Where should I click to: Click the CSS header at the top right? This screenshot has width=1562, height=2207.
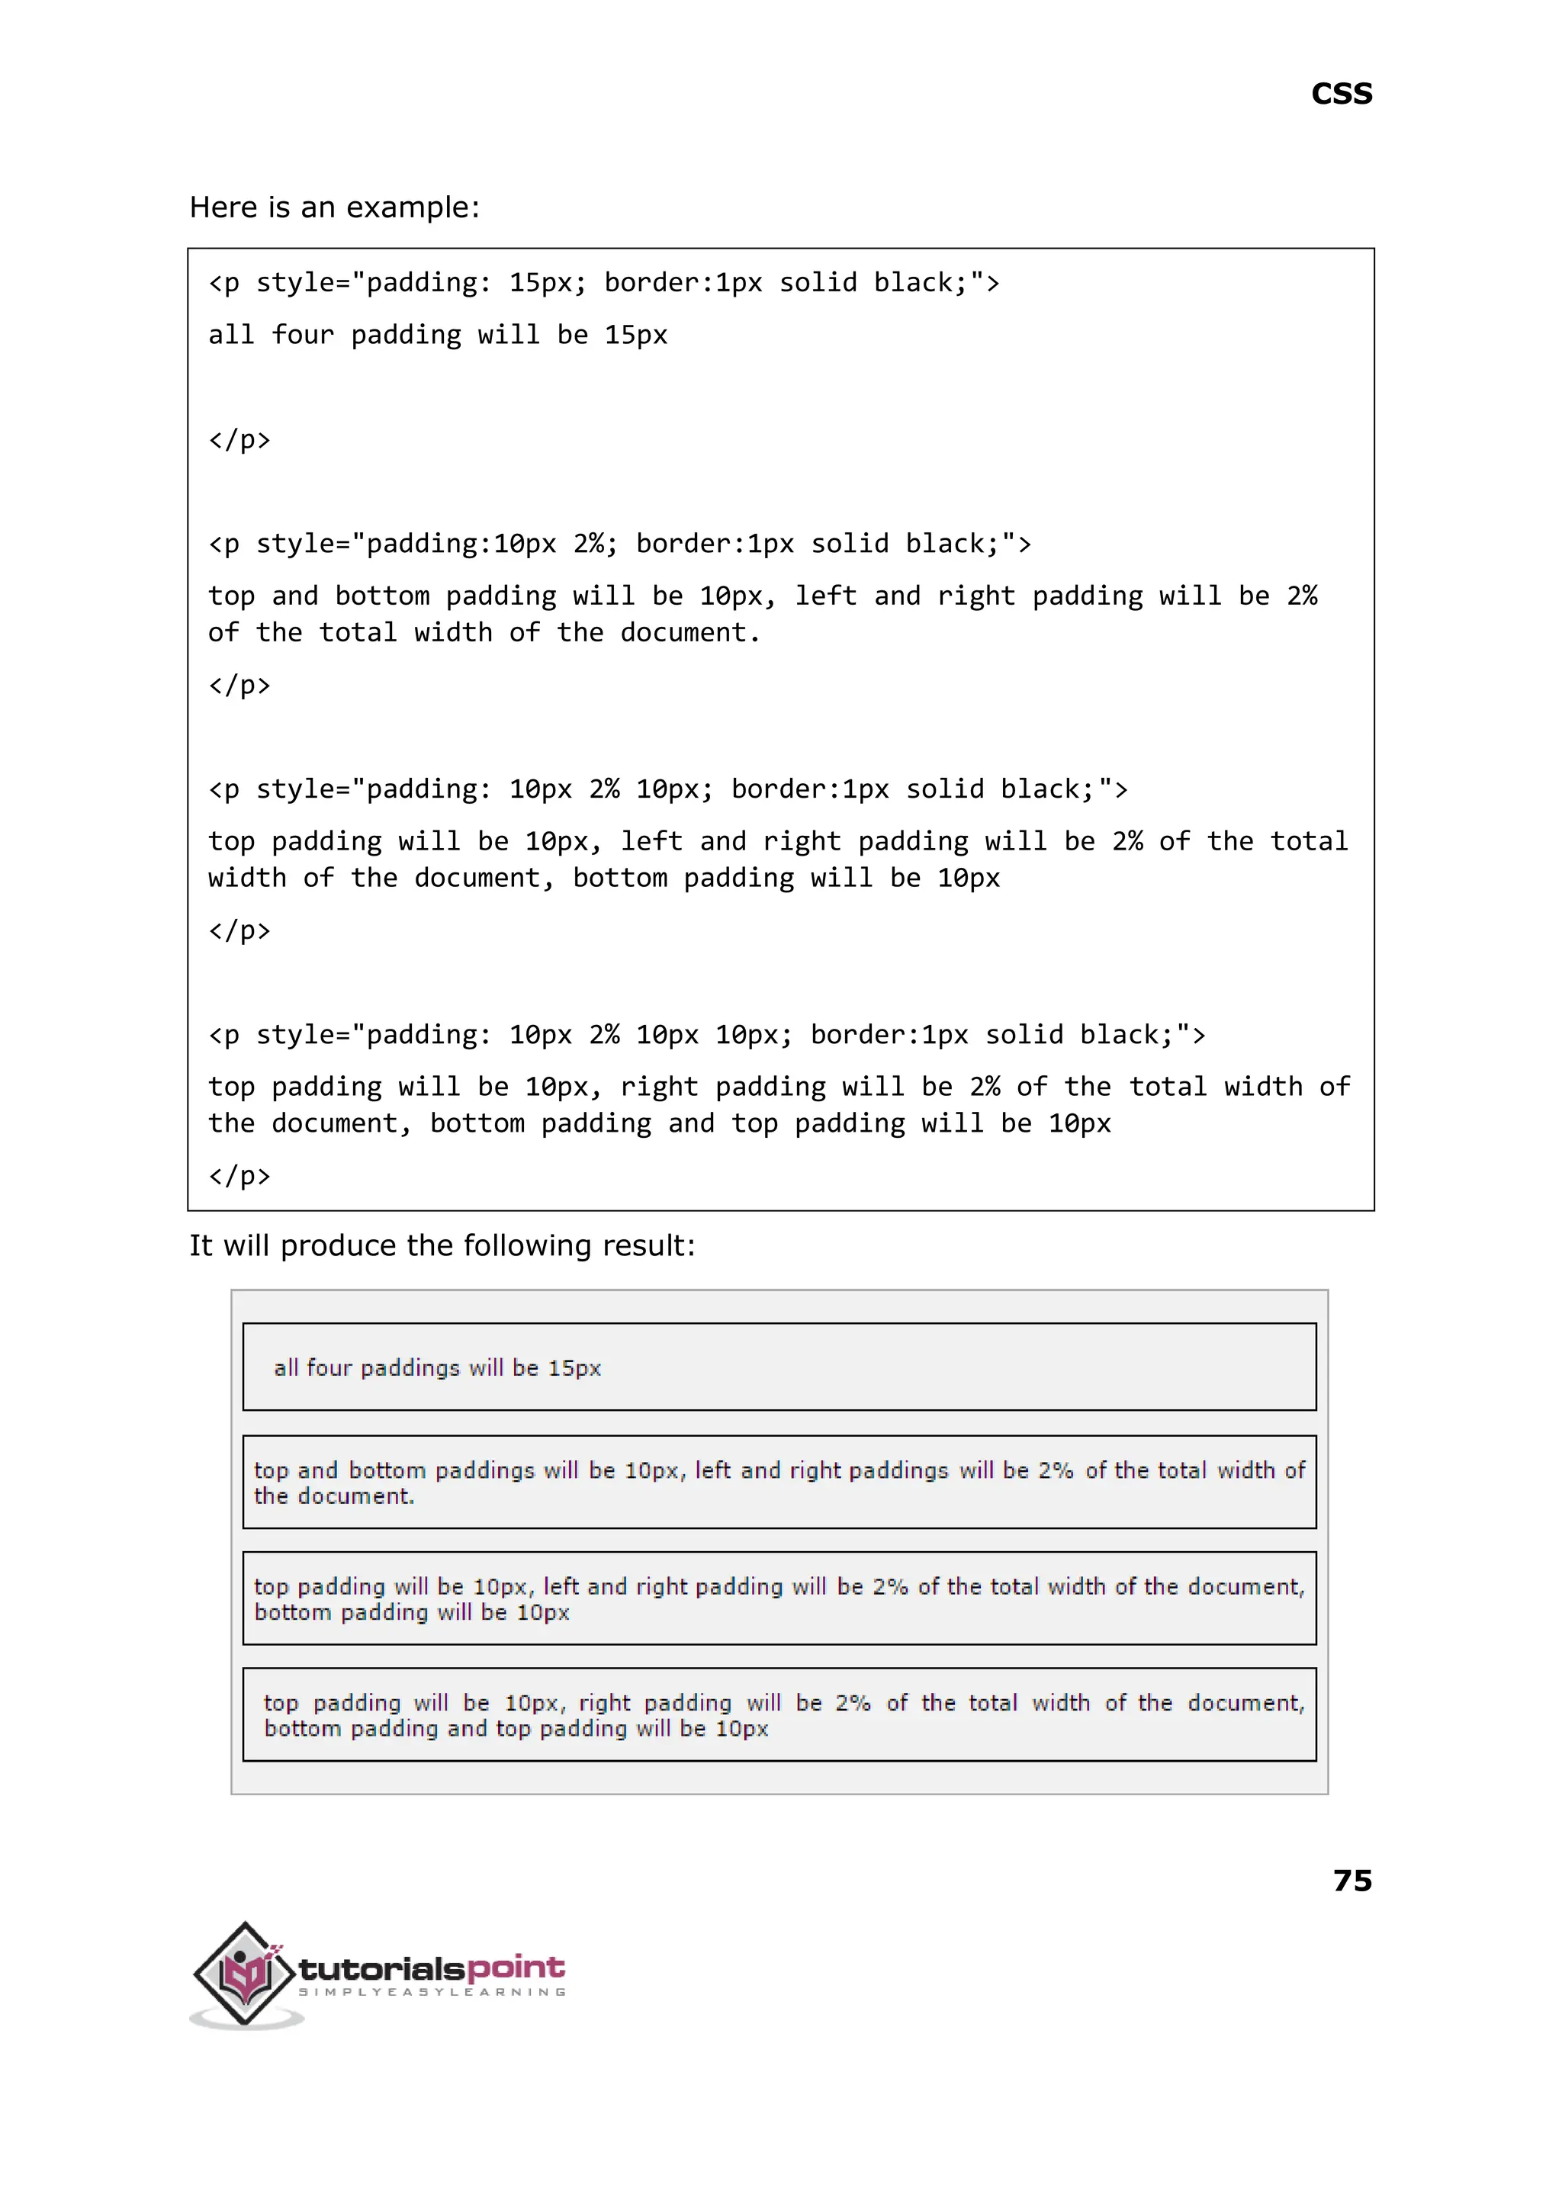point(1341,95)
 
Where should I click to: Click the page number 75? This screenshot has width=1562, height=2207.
point(1351,1879)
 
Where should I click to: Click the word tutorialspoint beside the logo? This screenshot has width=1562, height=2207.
point(431,1968)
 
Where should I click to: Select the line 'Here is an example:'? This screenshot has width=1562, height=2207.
point(334,207)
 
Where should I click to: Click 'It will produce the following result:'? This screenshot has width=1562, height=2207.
point(442,1245)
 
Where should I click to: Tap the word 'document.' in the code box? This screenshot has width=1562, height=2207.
point(689,633)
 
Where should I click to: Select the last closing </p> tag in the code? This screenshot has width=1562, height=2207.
point(239,1175)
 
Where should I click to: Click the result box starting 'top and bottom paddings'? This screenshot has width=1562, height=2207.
point(779,1482)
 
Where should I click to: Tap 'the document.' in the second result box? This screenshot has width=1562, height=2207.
point(334,1496)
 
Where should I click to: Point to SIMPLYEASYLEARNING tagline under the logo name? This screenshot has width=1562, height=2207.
point(432,1992)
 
